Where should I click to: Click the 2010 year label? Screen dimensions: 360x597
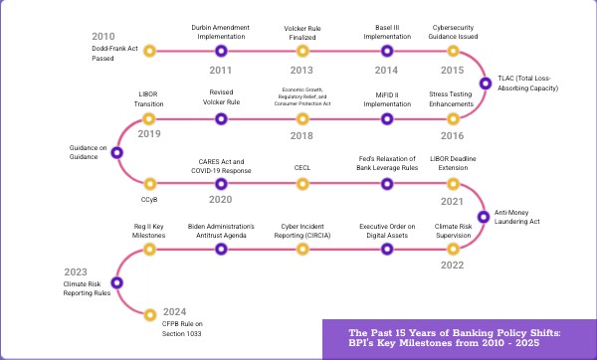101,36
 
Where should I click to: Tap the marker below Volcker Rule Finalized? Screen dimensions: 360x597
300,51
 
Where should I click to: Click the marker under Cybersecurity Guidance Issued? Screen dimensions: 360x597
453,51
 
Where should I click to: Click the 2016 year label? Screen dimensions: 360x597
453,135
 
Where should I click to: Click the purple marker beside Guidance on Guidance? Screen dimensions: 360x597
117,152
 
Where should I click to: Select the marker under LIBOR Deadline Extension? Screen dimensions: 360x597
453,184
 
